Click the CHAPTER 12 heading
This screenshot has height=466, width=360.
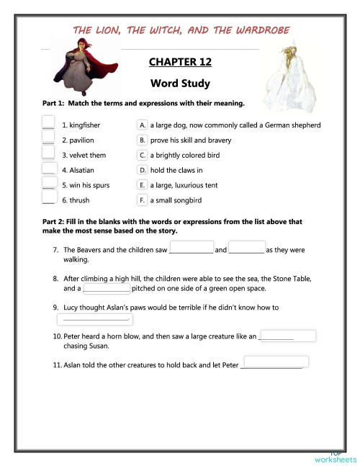[180, 63]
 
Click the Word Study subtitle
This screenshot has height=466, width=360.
[180, 84]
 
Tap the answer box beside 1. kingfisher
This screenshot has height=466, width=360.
[48, 124]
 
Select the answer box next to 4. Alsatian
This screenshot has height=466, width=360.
[48, 169]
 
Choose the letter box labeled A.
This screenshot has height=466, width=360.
[143, 125]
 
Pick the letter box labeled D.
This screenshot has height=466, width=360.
[143, 170]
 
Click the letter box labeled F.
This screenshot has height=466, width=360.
[143, 200]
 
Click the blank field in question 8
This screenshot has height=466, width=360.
[107, 288]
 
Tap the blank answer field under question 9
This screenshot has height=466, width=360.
[94, 319]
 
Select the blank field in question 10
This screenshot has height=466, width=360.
[287, 336]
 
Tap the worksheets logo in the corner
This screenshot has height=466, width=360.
[336, 456]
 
